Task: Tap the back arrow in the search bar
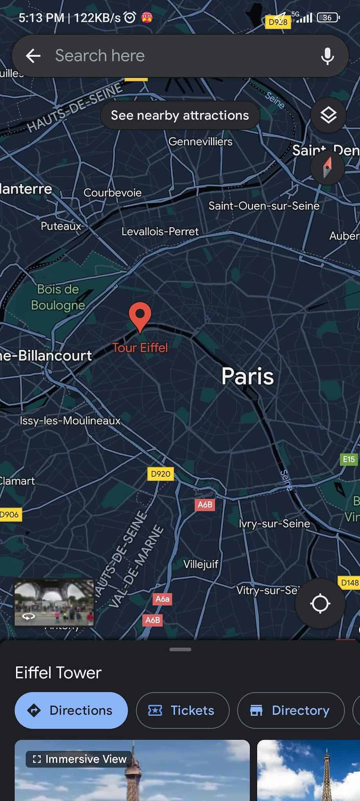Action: pos(33,56)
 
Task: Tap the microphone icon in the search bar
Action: pos(327,56)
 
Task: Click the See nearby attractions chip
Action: pos(180,115)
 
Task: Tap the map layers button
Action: pos(328,115)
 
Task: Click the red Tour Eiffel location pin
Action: pos(140,316)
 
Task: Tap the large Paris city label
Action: pos(247,376)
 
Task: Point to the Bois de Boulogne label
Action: pos(58,297)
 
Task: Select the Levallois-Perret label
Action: pos(160,232)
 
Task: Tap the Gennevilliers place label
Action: pos(200,142)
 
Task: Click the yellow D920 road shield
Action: pos(161,474)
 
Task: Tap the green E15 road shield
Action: pos(349,459)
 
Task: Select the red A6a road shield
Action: pos(163,599)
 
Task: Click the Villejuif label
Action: pos(201,564)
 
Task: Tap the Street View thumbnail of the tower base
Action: pos(54,603)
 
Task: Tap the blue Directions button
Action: pos(71,710)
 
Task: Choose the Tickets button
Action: pos(182,710)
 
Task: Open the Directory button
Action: pos(290,710)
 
